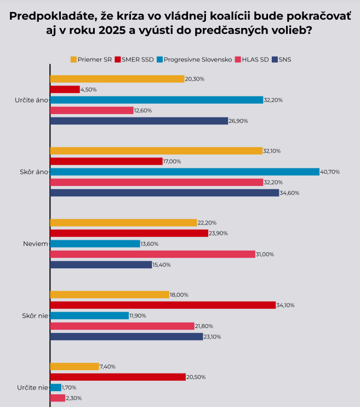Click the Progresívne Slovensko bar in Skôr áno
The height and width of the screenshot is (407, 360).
(184, 172)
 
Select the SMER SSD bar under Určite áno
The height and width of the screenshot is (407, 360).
(65, 89)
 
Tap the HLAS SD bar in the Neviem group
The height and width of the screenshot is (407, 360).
(152, 254)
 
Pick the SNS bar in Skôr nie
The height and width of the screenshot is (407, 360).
(127, 336)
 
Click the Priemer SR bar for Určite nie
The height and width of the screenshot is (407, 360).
(75, 366)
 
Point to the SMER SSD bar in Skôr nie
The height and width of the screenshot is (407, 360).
(162, 305)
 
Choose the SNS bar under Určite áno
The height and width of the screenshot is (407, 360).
(139, 121)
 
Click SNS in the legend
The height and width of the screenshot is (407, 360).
(284, 59)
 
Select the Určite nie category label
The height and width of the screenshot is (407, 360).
(32, 387)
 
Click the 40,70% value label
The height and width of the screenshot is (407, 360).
(330, 172)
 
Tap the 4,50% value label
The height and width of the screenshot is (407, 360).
(89, 89)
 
